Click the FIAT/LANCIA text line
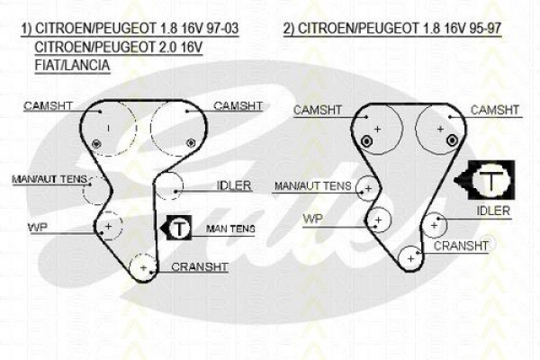click(x=72, y=65)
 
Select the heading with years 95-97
click(x=392, y=28)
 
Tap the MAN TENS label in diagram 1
click(x=230, y=229)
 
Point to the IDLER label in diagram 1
click(x=234, y=185)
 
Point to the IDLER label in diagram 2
click(x=493, y=211)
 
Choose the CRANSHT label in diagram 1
click(x=200, y=267)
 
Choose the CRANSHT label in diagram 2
click(x=461, y=246)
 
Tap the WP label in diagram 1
click(x=38, y=228)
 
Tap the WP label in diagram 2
click(x=312, y=219)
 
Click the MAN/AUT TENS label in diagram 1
click(x=49, y=179)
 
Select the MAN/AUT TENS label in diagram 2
click(x=312, y=186)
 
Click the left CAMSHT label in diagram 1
click(x=48, y=106)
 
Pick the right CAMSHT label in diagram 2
click(x=494, y=110)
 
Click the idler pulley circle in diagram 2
click(x=446, y=225)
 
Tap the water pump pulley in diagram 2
click(x=391, y=220)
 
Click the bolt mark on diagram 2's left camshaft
click(x=365, y=141)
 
